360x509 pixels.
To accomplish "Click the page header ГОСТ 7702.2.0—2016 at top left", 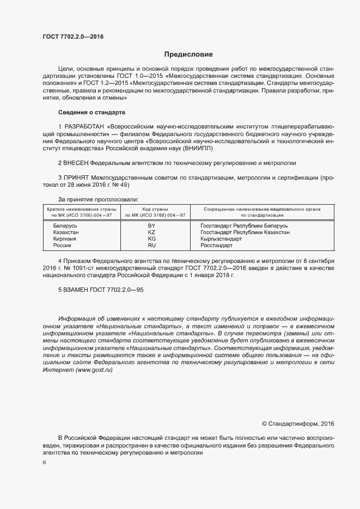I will (72, 37).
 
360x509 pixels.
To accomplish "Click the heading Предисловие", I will (188, 54).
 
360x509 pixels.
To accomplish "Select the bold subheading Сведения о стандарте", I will (91, 112).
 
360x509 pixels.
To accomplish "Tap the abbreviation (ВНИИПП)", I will (197, 148).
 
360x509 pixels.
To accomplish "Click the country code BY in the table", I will (151, 225).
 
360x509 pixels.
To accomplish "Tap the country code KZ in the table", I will (151, 232).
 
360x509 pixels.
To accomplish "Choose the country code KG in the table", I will (151, 239).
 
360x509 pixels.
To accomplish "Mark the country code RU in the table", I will (151, 246).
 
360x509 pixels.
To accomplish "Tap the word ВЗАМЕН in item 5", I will (77, 290).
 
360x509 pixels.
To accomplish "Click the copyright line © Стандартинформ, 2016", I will (298, 423).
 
